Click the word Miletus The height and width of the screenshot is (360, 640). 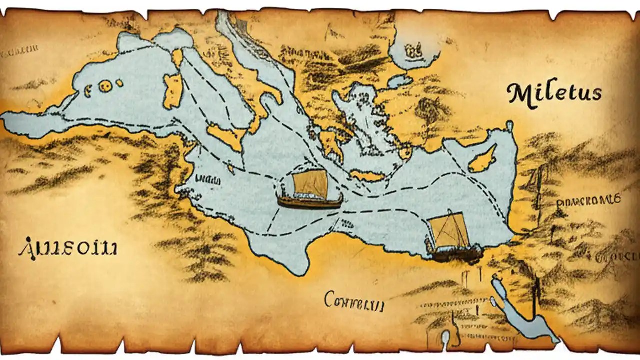click(554, 93)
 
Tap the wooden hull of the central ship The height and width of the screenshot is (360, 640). click(310, 202)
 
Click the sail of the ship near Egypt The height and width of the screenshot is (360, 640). click(448, 231)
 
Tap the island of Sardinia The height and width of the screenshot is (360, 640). click(173, 91)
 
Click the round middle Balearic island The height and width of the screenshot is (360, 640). click(105, 86)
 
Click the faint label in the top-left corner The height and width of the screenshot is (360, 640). click(20, 50)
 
